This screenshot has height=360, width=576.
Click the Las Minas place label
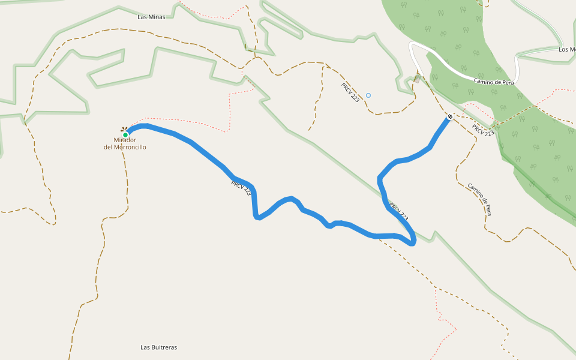pos(151,17)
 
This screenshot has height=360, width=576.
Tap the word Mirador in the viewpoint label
pos(125,140)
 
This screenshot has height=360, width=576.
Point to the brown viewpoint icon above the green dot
pos(125,128)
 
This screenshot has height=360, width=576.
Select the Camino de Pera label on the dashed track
pos(481,199)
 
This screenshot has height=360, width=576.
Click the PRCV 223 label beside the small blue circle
pos(350,92)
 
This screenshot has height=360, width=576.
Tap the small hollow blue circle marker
pos(368,95)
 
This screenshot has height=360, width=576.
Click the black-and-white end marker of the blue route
pos(449,116)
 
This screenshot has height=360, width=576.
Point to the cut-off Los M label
pos(566,49)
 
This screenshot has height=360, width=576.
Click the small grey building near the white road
pos(417,79)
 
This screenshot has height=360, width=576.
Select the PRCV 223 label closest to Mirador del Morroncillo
pos(241,188)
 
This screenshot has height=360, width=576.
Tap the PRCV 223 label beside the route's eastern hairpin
pos(399,211)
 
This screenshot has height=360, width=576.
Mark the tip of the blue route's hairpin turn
pos(413,242)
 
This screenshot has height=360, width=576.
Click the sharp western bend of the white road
pos(412,46)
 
